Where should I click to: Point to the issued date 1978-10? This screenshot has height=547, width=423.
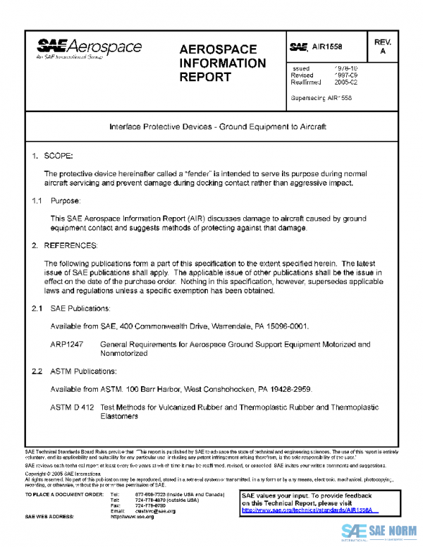pyautogui.click(x=344, y=68)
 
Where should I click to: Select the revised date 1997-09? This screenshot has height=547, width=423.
pyautogui.click(x=344, y=75)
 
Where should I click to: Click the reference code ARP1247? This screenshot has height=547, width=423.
pyautogui.click(x=67, y=345)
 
